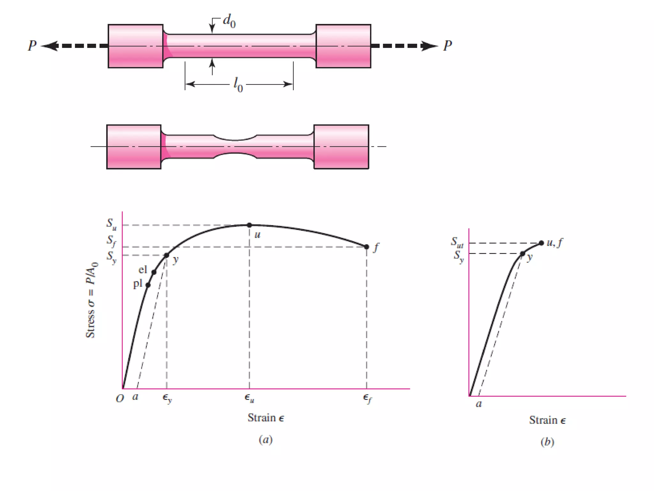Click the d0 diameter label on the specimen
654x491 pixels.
coord(229,21)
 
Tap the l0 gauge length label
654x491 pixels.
coord(238,85)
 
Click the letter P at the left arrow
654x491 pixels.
coord(32,46)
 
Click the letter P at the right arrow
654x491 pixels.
coord(448,46)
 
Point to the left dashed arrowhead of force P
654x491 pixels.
coord(49,46)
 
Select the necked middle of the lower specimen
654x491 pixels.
coord(235,147)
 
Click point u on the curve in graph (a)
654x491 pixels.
coord(249,225)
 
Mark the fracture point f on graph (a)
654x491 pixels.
coord(367,247)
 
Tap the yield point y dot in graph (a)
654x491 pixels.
coord(167,255)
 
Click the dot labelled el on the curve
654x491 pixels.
coord(154,272)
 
